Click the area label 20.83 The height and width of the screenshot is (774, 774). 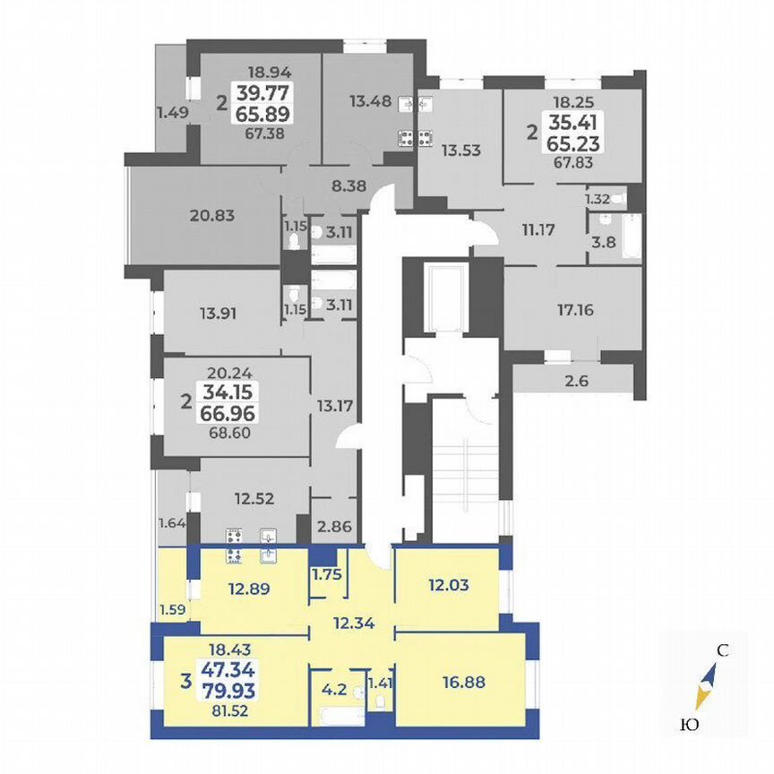pyautogui.click(x=211, y=215)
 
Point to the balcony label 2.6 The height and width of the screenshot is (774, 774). pyautogui.click(x=578, y=380)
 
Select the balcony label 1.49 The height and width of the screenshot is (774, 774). pyautogui.click(x=171, y=112)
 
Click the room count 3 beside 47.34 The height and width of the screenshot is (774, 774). pyautogui.click(x=185, y=681)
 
